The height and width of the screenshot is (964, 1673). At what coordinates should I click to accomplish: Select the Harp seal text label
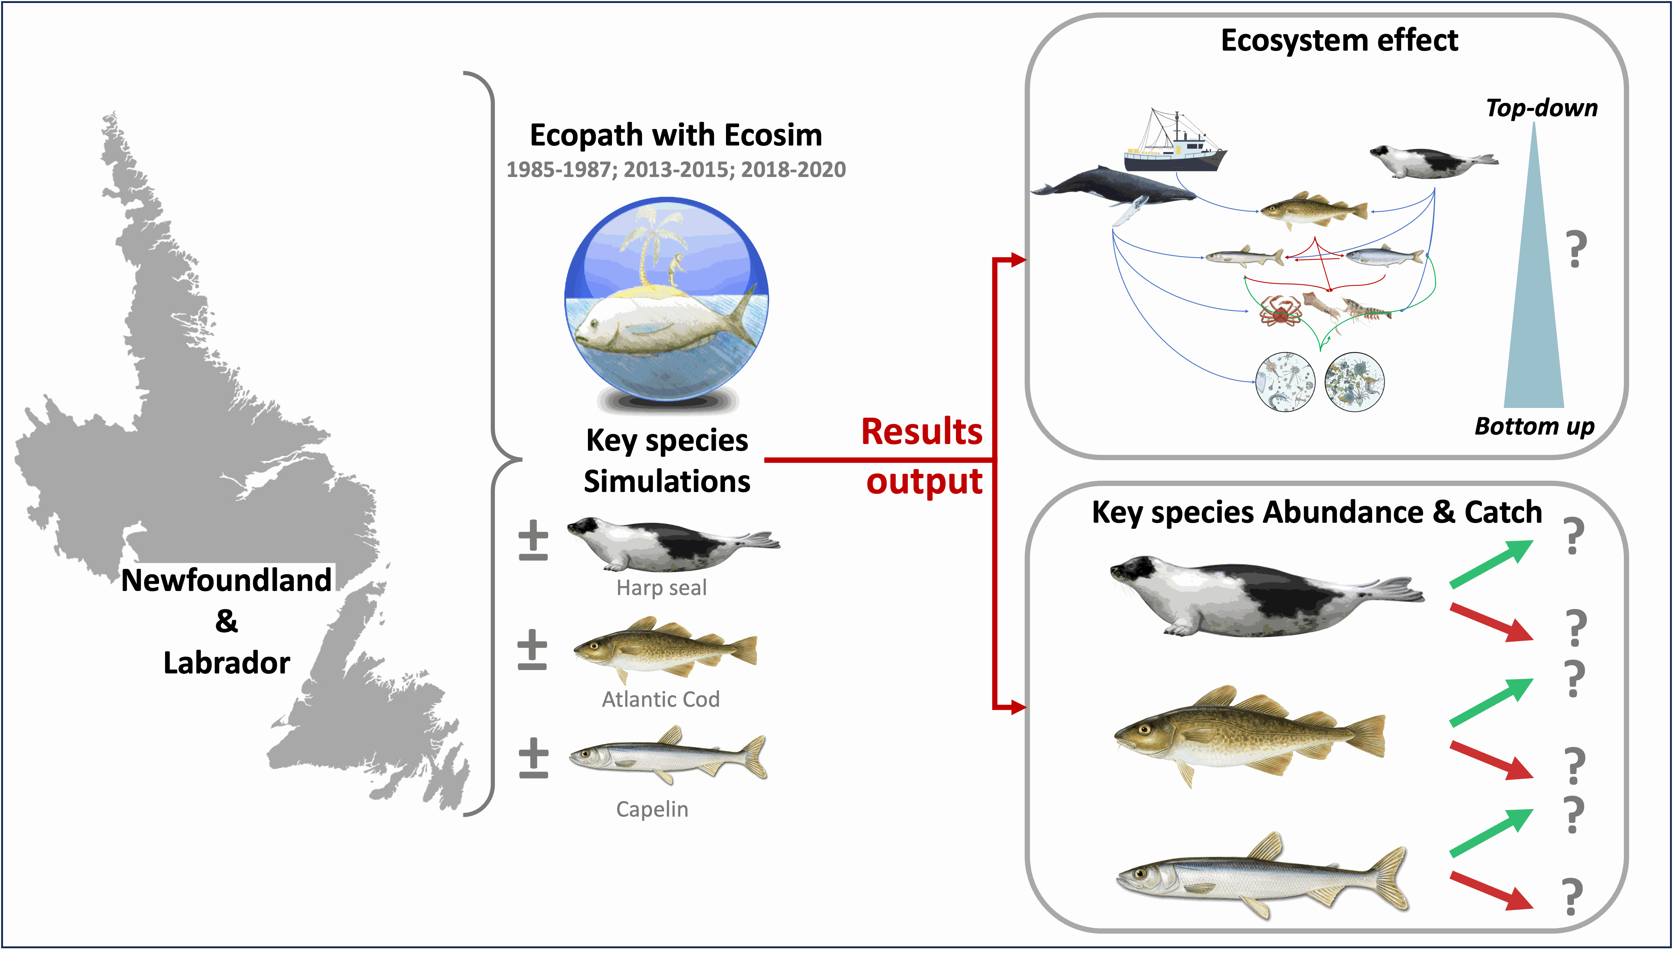[x=661, y=588]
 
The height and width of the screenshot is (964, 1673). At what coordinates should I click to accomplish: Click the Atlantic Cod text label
[x=660, y=699]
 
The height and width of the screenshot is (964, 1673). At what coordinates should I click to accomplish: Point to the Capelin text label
[x=652, y=809]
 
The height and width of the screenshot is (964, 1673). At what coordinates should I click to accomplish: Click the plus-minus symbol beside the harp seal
[x=533, y=540]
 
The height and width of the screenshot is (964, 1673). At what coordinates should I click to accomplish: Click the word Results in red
[x=921, y=432]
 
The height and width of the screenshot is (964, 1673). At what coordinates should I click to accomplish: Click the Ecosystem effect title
[x=1339, y=40]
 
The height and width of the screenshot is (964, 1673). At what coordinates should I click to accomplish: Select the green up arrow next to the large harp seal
[x=1491, y=564]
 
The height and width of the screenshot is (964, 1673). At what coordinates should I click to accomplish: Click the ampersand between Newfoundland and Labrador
[x=227, y=621]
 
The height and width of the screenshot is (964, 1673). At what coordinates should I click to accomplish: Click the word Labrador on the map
[x=227, y=663]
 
